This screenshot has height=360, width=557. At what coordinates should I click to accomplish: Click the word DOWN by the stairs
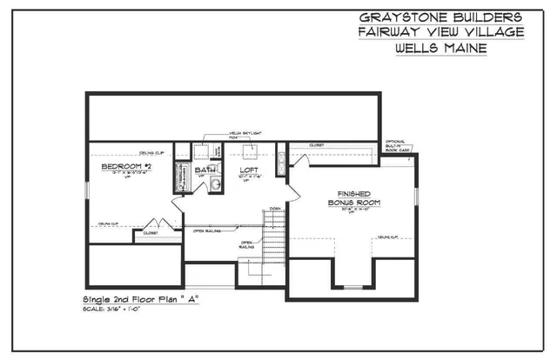(275, 209)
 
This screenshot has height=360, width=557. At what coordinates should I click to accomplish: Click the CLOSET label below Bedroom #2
(151, 233)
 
